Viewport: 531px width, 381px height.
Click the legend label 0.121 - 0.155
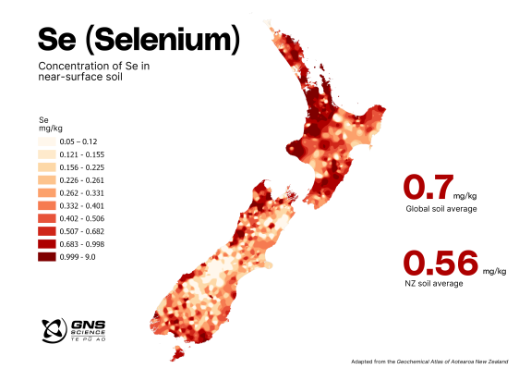[x=82, y=153]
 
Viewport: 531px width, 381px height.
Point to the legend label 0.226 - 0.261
[x=82, y=178]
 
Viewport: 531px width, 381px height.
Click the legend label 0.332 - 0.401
[x=82, y=204]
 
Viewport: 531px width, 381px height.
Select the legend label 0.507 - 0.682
[x=82, y=230]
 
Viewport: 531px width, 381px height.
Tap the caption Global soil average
[x=440, y=210]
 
